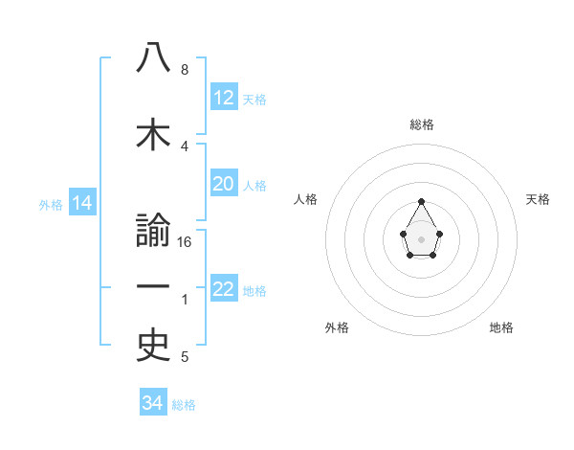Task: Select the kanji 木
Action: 153,135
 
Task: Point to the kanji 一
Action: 153,287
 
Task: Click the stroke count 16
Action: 186,242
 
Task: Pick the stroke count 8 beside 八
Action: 185,70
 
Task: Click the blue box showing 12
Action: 224,98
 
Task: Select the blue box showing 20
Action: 224,184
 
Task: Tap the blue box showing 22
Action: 224,289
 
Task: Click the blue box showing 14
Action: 81,203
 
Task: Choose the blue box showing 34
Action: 152,403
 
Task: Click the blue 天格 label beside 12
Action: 254,99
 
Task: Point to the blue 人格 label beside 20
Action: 254,185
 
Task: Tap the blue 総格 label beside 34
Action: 184,405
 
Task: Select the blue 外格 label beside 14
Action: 51,204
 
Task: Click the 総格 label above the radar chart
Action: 422,124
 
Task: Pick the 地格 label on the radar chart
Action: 501,327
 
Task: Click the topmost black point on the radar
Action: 422,201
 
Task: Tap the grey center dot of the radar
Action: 422,237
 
